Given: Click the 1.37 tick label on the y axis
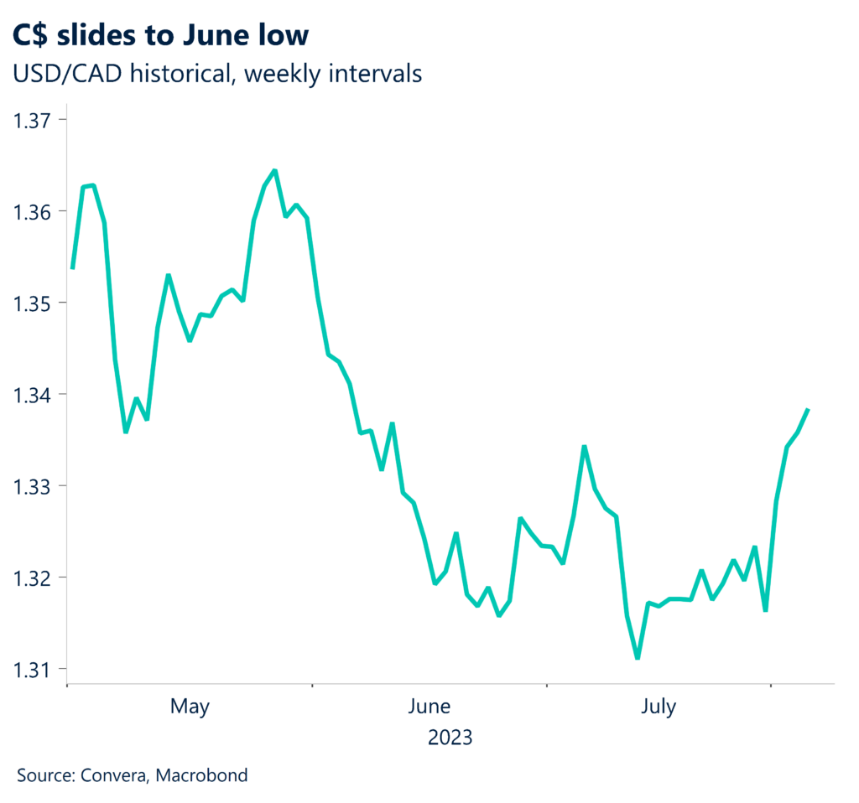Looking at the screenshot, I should coord(31,120).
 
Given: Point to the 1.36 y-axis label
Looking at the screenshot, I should coord(31,211).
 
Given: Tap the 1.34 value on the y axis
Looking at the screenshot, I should coord(31,394).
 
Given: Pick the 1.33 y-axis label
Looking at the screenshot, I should coord(31,486).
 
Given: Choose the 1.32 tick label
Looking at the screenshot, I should coord(31,578).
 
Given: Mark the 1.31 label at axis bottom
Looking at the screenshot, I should coord(31,670).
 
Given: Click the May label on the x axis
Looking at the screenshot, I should coord(190,707).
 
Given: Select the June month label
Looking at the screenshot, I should coord(429,707).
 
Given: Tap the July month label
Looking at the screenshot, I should coord(659,707).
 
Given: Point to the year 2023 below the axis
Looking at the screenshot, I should coord(450,738).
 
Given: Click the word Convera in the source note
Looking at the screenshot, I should coord(115,775).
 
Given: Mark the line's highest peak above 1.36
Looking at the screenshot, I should coord(275,171).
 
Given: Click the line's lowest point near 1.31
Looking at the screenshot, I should coord(638,658).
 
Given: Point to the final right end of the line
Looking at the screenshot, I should coord(808,409).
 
